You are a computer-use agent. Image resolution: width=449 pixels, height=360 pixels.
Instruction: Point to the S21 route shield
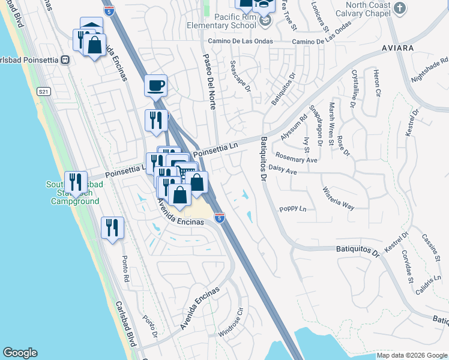[x=42, y=91]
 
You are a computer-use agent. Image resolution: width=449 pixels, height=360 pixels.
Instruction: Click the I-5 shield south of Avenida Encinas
[x=220, y=218]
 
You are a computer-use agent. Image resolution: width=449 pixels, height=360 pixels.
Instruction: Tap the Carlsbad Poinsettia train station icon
[x=65, y=59]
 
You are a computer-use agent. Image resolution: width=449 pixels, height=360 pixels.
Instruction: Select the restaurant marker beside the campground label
[x=76, y=181]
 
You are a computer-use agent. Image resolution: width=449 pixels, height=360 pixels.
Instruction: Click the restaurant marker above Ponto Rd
[x=112, y=227]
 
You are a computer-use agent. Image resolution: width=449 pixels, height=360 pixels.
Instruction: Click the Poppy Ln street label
[x=293, y=209]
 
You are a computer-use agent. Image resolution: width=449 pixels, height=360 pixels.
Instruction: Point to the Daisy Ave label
[x=283, y=171]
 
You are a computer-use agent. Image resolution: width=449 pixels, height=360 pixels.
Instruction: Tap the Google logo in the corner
[x=20, y=353]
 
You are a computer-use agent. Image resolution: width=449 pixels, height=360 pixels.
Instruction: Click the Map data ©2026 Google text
[x=411, y=355]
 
